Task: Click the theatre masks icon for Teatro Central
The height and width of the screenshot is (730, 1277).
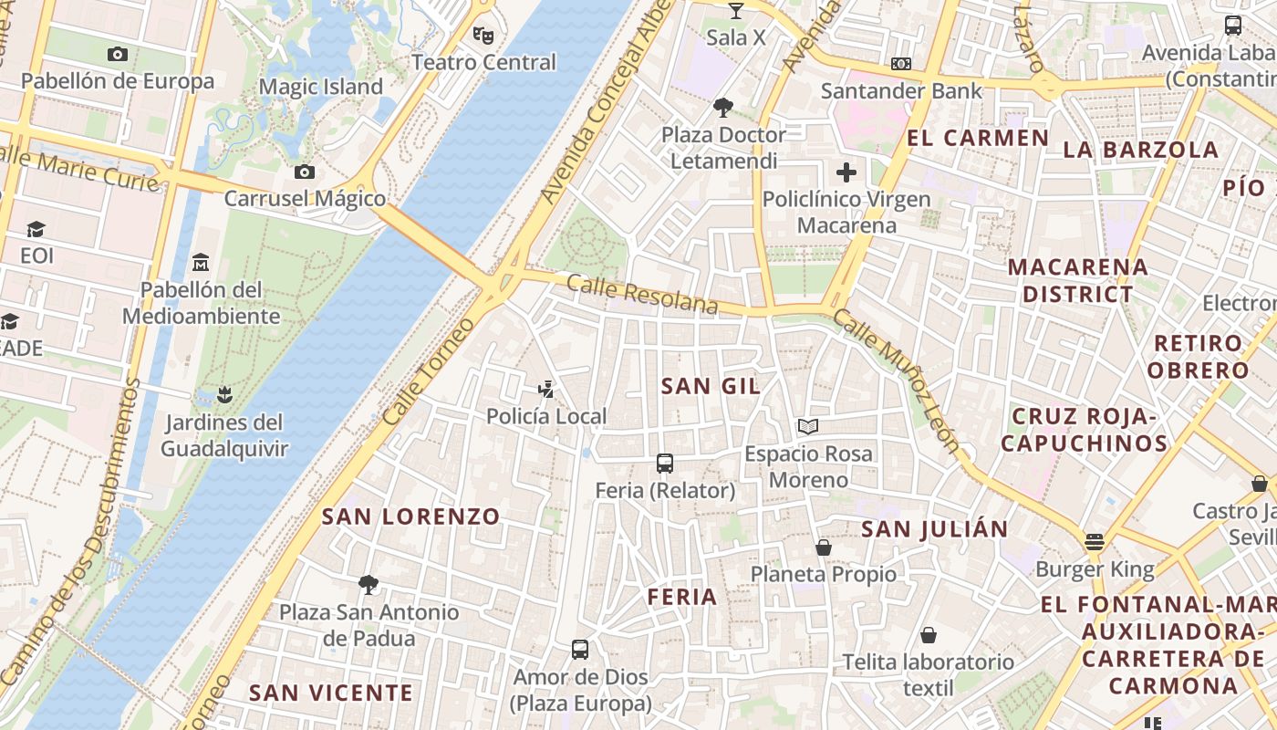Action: pos(483,36)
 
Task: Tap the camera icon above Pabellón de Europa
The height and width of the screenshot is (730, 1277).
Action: pos(118,55)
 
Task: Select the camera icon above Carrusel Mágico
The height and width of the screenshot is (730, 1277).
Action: pos(305,172)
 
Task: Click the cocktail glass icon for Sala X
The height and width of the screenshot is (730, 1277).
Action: pos(736,11)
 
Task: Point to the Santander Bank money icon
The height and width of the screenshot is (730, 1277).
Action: pos(901,64)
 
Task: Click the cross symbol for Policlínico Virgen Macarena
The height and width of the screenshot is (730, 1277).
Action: pos(846,172)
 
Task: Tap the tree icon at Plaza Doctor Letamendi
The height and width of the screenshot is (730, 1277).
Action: pos(723,108)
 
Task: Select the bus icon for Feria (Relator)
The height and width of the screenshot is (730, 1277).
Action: pos(665,464)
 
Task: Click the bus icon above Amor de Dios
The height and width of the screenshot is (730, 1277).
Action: pos(580,650)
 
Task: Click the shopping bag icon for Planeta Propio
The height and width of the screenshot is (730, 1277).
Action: pos(824,547)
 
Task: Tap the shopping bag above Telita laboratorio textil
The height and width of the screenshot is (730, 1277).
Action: pos(929,635)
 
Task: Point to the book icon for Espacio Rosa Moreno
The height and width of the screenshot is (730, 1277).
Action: pos(808,426)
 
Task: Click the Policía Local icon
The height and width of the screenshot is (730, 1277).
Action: pos(546,390)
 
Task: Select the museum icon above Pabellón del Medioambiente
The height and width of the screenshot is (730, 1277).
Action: pos(201,264)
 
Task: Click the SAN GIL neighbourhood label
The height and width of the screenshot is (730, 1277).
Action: pos(711,386)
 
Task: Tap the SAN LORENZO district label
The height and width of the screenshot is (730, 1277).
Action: pos(410,516)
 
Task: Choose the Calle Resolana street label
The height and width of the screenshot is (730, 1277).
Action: pos(642,294)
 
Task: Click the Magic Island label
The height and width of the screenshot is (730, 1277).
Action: pos(321,87)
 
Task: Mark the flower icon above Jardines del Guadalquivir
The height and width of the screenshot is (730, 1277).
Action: pos(224,395)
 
